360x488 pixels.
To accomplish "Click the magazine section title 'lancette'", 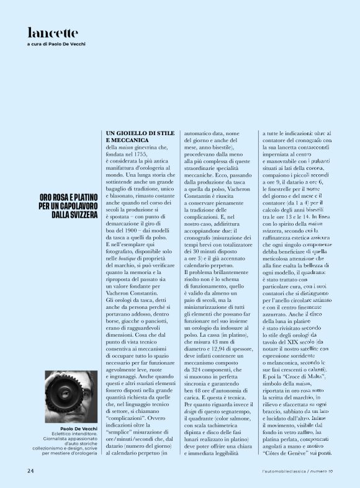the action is [x=53, y=32].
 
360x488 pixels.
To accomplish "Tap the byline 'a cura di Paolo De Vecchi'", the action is [x=56, y=45].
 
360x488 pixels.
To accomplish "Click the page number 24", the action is [x=30, y=471].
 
